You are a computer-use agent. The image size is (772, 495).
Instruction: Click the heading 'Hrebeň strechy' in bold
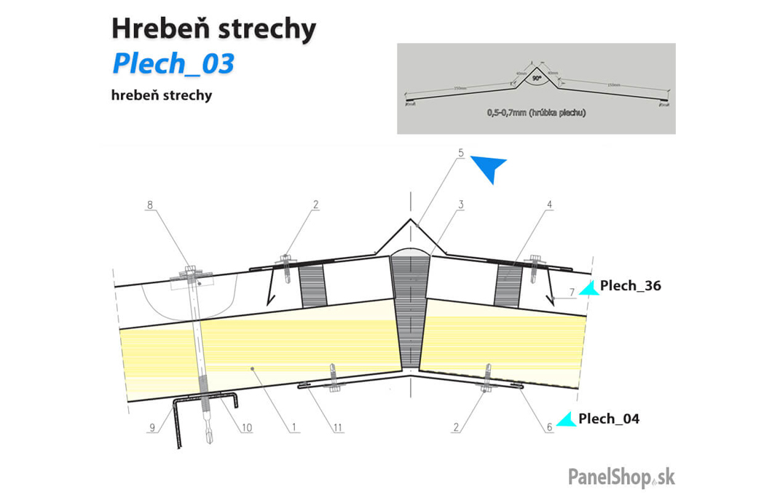213,29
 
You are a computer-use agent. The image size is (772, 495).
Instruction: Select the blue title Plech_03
173,64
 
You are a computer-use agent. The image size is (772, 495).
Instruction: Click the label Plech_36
630,285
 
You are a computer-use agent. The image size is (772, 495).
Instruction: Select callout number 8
150,205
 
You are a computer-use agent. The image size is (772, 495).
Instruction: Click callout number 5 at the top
461,153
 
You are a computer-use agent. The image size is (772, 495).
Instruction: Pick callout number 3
461,205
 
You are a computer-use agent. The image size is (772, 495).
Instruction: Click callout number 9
152,428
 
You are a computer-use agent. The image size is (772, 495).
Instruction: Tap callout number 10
247,428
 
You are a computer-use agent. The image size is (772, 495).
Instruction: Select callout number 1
294,428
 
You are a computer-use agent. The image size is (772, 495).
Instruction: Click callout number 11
338,428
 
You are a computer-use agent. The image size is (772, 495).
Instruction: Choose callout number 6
550,428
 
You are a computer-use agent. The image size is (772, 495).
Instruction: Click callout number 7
572,292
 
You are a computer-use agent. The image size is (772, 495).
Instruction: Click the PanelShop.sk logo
621,477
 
